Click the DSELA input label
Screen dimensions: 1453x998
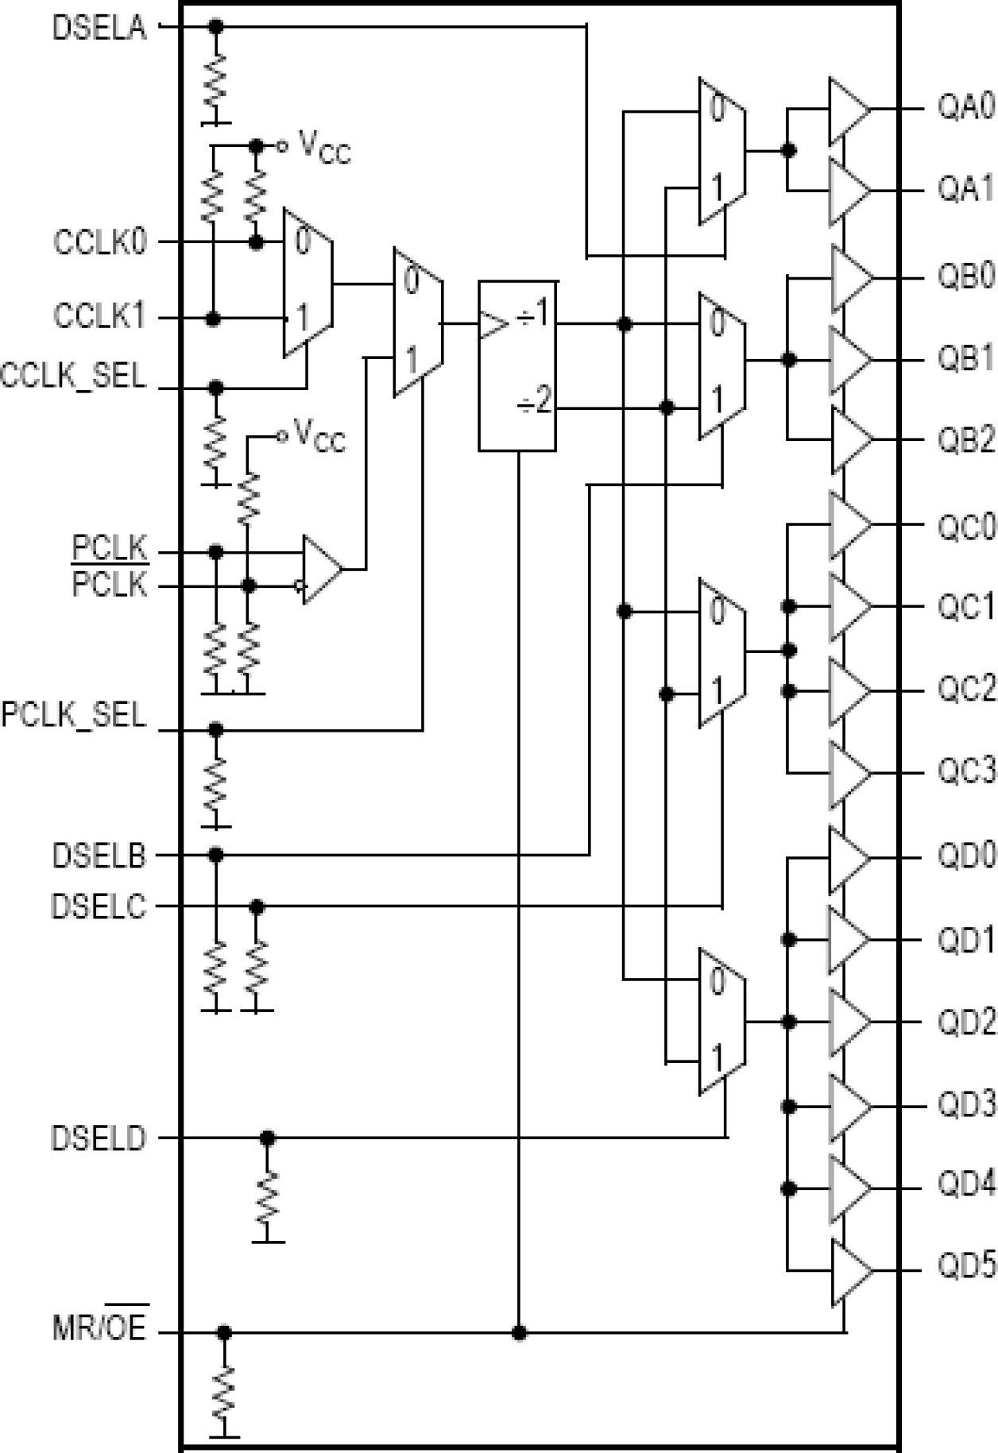pyautogui.click(x=99, y=28)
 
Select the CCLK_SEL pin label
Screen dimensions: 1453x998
pyautogui.click(x=74, y=375)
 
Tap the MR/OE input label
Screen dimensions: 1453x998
pyautogui.click(x=99, y=1329)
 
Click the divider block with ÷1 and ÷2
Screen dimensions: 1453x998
pyautogui.click(x=516, y=365)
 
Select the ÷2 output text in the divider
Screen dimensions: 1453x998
pyautogui.click(x=534, y=403)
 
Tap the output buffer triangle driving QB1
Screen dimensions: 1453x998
pyautogui.click(x=849, y=360)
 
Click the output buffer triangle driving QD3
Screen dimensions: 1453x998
pyautogui.click(x=849, y=1106)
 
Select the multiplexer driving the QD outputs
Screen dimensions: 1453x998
pyautogui.click(x=721, y=1021)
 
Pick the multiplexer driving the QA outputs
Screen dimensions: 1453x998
pyautogui.click(x=721, y=151)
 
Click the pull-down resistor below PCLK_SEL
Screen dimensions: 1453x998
pyautogui.click(x=215, y=785)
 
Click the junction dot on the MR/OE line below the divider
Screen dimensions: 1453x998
pyautogui.click(x=519, y=1332)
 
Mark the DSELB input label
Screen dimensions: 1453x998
pyautogui.click(x=99, y=856)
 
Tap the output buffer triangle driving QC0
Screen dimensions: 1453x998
pyautogui.click(x=849, y=525)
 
